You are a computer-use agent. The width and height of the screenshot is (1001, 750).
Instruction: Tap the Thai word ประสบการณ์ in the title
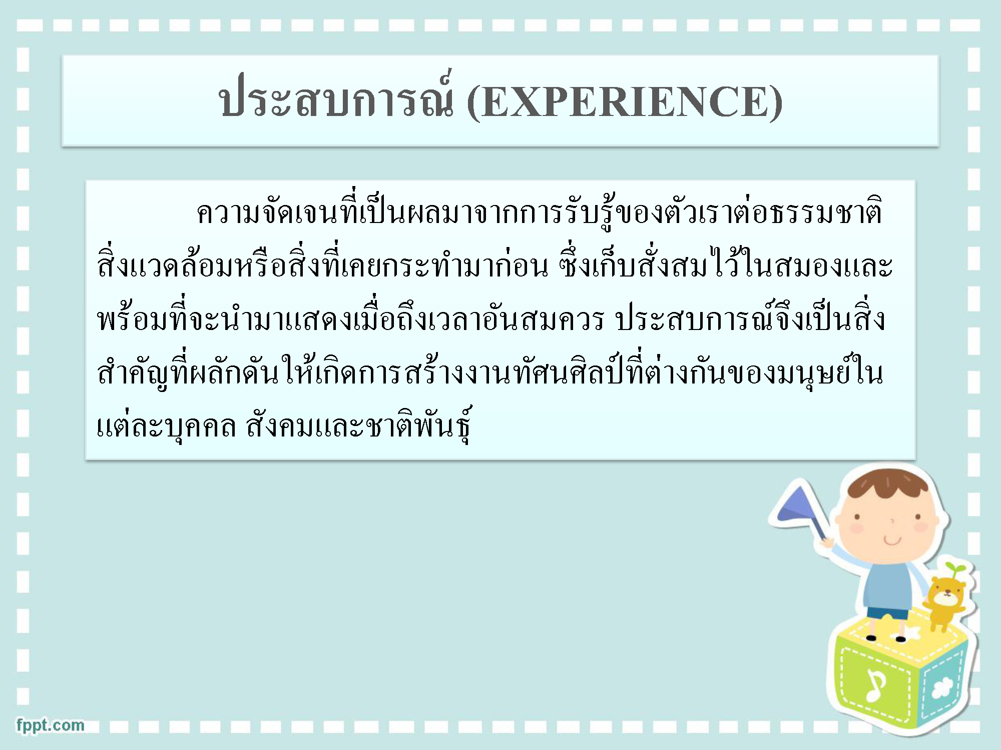(x=336, y=97)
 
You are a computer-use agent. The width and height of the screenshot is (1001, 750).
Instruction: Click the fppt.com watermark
(x=50, y=725)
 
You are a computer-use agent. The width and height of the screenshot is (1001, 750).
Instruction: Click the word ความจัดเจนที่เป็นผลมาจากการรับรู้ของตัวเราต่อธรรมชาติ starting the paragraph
(x=540, y=213)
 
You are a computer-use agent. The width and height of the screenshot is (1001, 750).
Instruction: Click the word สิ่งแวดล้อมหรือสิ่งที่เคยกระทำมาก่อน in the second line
(x=322, y=265)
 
